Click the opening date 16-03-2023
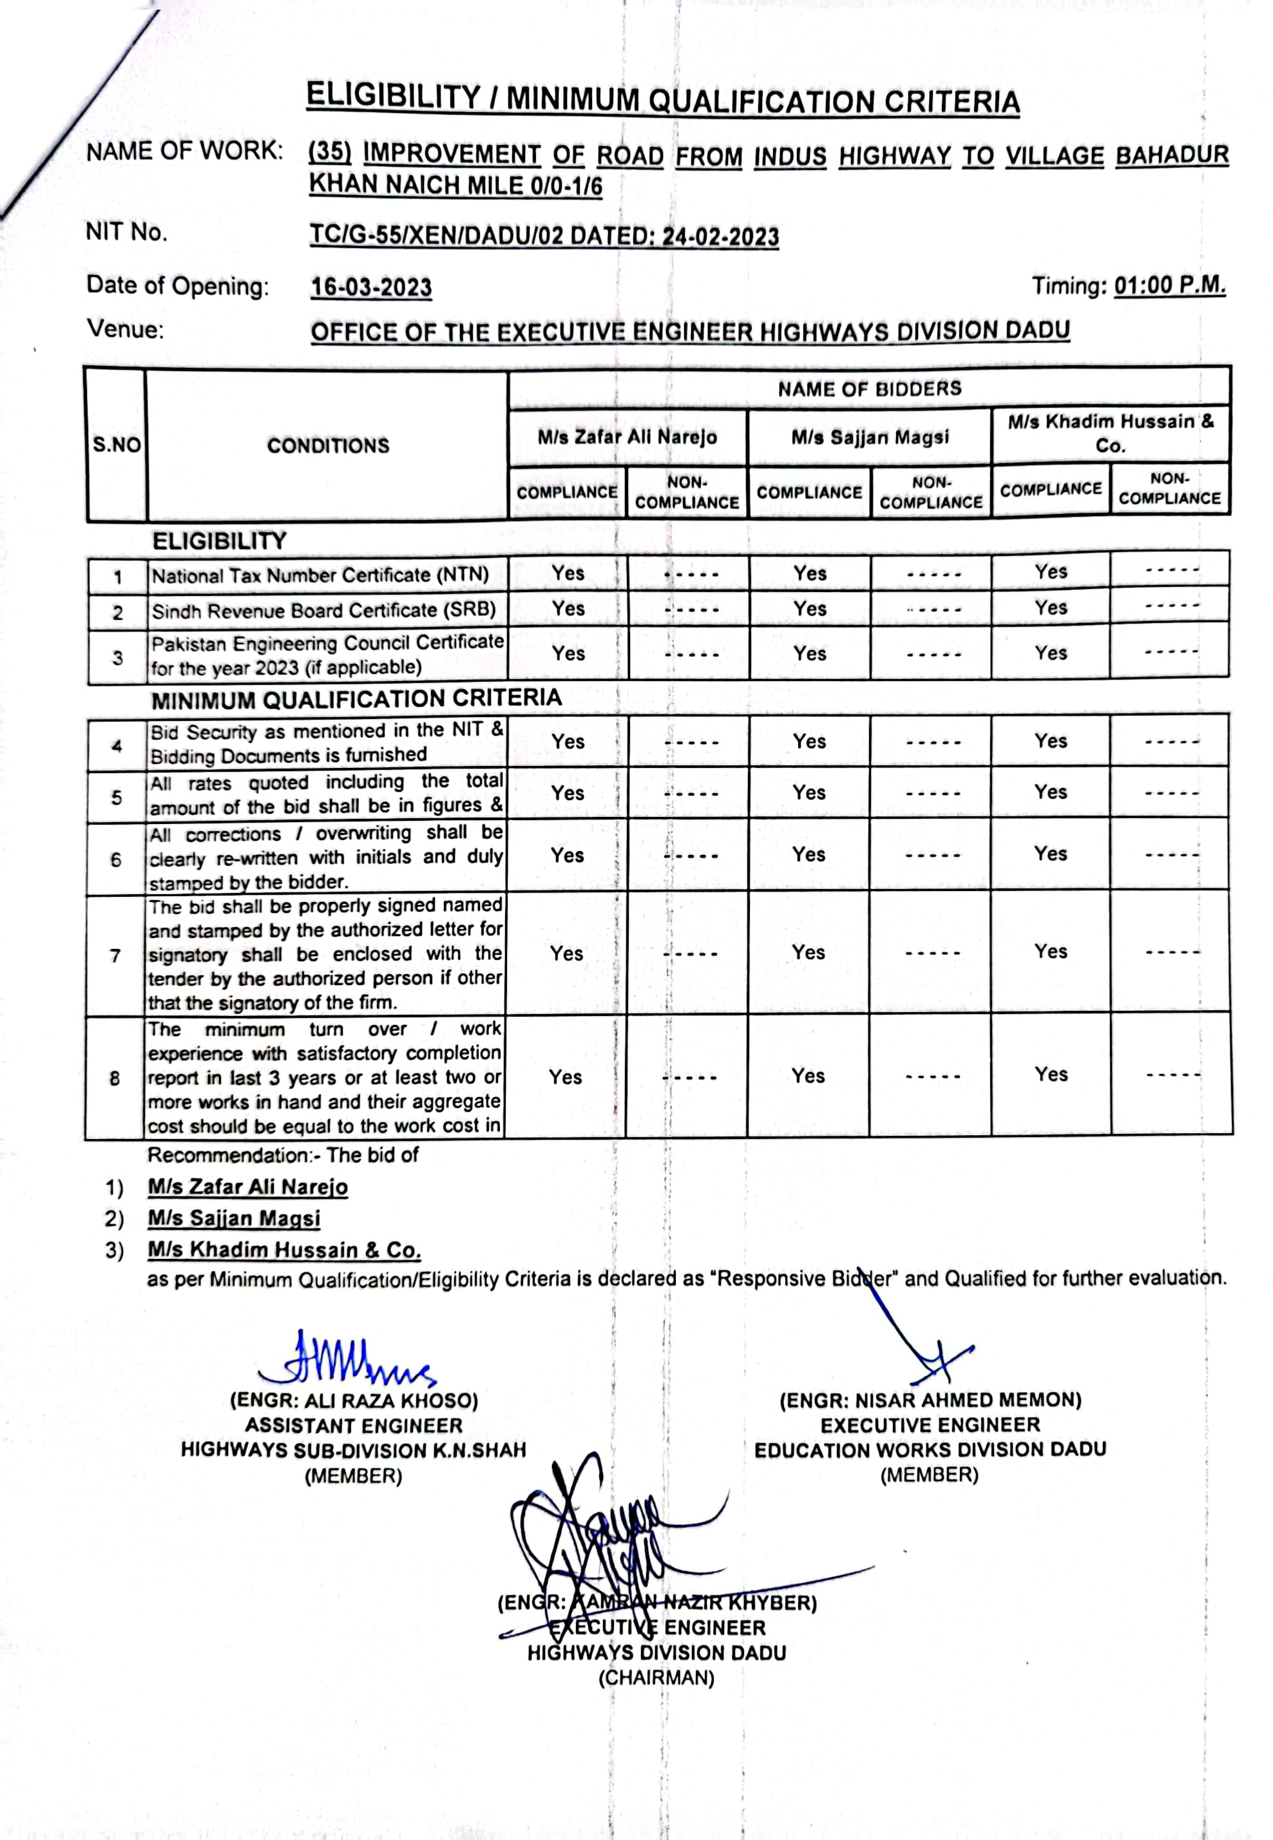pyautogui.click(x=371, y=287)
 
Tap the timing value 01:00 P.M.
pyautogui.click(x=1169, y=285)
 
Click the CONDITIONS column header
pyautogui.click(x=328, y=445)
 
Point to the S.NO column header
pyautogui.click(x=117, y=445)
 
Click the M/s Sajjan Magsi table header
pyautogui.click(x=870, y=437)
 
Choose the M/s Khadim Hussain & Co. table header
pyautogui.click(x=1110, y=433)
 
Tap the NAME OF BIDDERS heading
pyautogui.click(x=870, y=389)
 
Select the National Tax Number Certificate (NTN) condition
pyautogui.click(x=320, y=575)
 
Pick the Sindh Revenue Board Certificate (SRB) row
pyautogui.click(x=323, y=611)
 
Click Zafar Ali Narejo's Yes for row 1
pyautogui.click(x=568, y=573)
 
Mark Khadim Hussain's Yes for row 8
pyautogui.click(x=1051, y=1075)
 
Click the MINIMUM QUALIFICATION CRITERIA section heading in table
pyautogui.click(x=356, y=700)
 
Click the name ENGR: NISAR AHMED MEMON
pyautogui.click(x=930, y=1400)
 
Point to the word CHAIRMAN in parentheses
pyautogui.click(x=656, y=1678)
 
